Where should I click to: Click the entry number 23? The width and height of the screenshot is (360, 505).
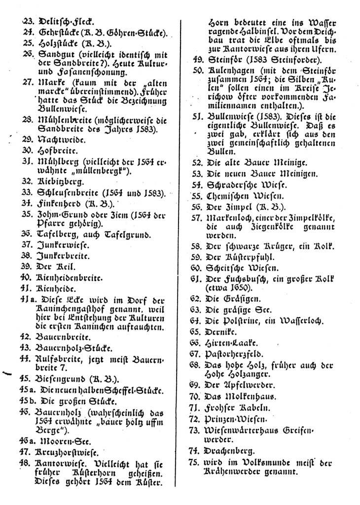tap(27, 22)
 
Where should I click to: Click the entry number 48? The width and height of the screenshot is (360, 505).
tap(27, 463)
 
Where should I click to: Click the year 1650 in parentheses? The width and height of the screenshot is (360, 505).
tap(239, 289)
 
